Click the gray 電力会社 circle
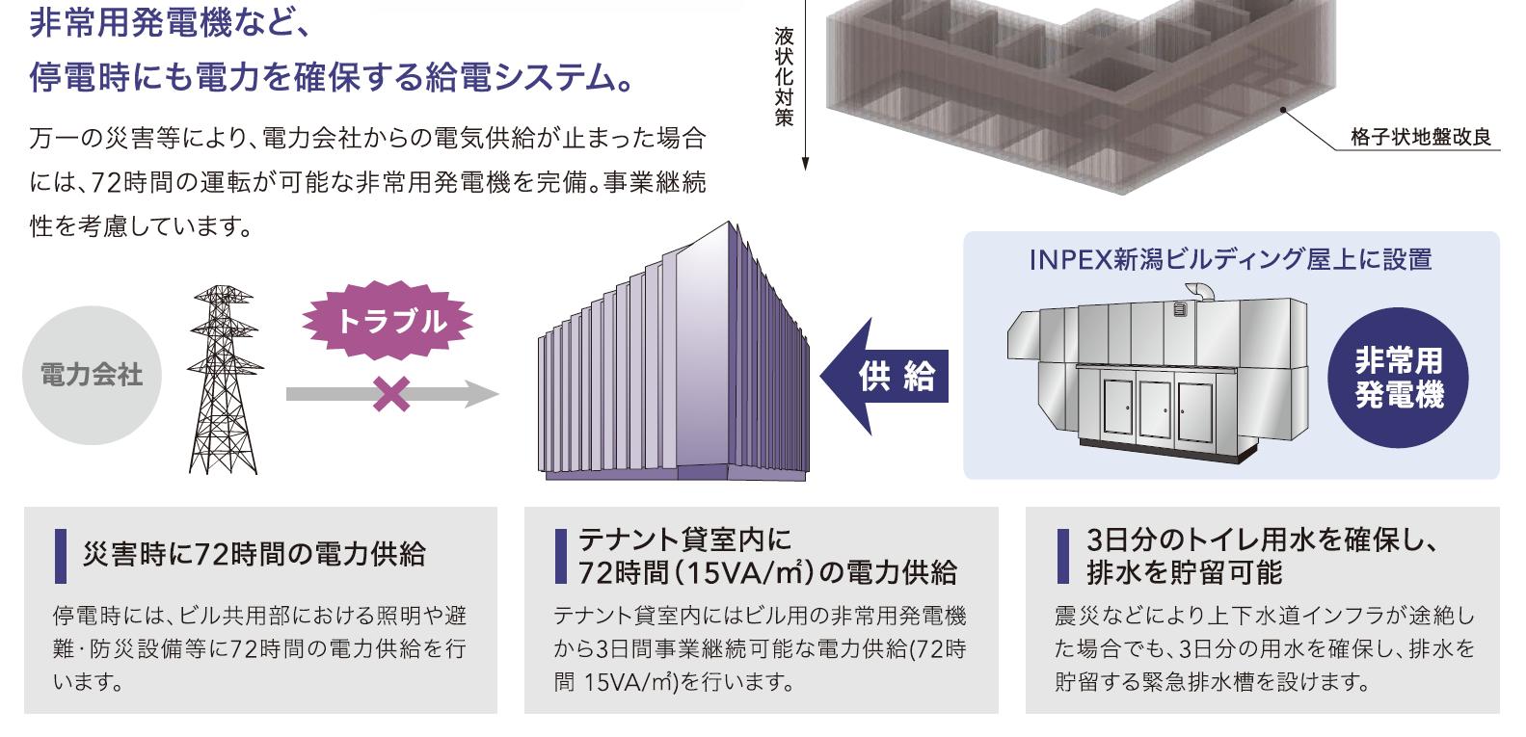(x=92, y=375)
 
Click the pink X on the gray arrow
(x=390, y=394)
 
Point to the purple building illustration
(x=672, y=356)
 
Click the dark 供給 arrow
(x=884, y=376)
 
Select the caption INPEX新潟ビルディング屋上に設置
(x=1230, y=260)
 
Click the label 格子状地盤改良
(x=1420, y=138)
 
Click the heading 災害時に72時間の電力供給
(x=254, y=554)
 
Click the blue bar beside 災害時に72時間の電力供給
(x=61, y=556)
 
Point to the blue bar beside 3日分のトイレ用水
(x=1063, y=556)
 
